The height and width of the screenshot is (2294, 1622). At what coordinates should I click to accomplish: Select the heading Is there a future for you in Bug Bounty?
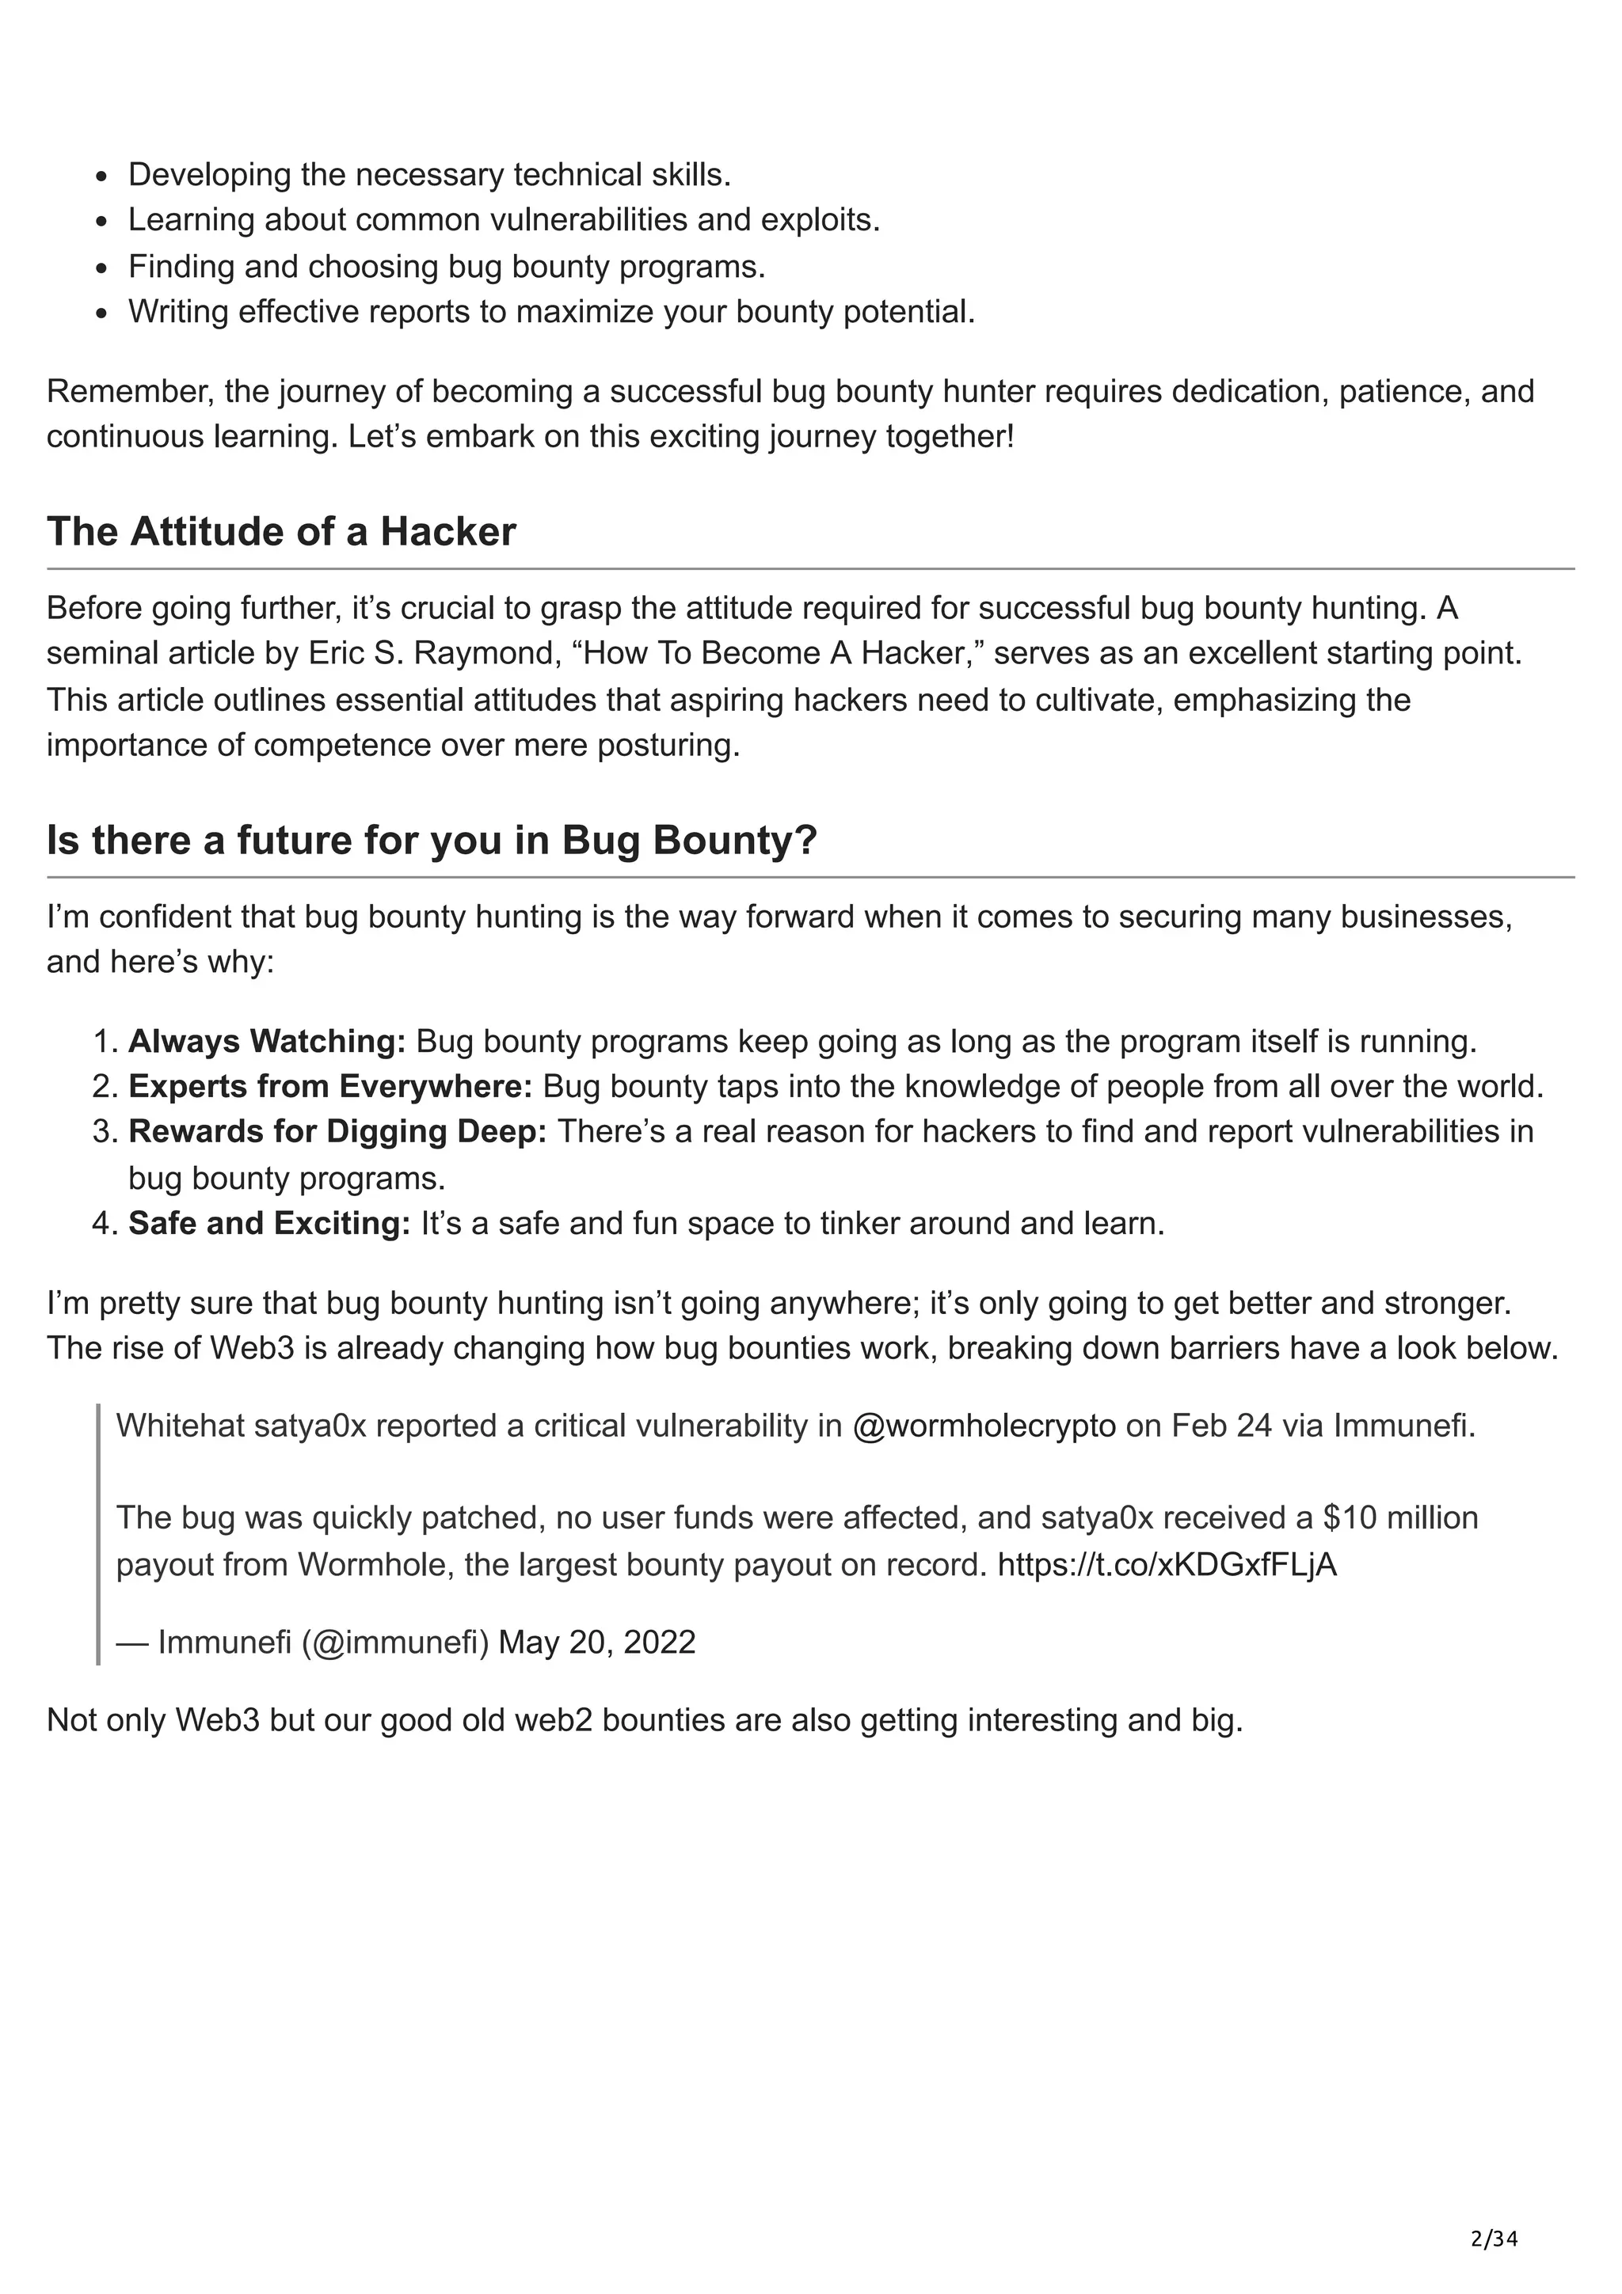coord(432,841)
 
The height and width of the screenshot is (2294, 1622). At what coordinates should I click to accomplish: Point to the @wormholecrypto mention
coord(984,1426)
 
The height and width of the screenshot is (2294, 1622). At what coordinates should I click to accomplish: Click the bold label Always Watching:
coord(267,1041)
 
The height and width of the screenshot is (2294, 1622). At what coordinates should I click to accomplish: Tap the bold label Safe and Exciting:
coord(268,1223)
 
